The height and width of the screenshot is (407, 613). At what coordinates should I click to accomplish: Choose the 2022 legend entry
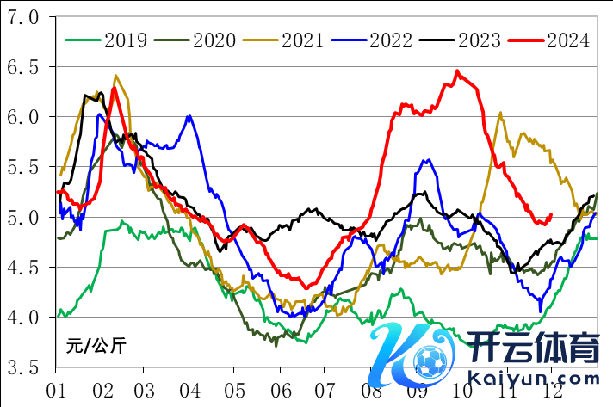pyautogui.click(x=391, y=40)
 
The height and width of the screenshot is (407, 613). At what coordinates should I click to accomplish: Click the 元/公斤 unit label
pyautogui.click(x=96, y=346)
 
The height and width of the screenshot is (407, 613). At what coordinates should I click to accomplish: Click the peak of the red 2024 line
pyautogui.click(x=457, y=71)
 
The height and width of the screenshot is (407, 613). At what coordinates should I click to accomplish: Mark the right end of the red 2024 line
pyautogui.click(x=550, y=215)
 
